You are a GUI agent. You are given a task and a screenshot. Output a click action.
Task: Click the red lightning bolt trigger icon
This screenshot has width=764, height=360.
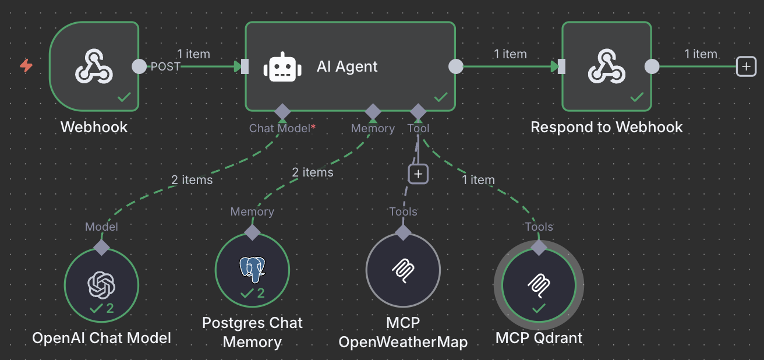[26, 65]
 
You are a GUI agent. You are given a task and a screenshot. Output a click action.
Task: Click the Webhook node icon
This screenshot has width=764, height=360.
[94, 66]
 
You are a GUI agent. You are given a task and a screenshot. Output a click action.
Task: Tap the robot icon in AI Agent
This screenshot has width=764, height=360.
[282, 67]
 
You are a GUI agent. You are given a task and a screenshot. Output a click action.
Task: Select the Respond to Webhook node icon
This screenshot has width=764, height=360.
[606, 66]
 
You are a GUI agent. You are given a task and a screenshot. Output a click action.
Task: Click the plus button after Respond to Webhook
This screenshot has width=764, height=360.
[746, 66]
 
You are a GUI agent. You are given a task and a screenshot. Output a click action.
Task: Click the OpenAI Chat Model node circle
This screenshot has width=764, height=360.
[102, 285]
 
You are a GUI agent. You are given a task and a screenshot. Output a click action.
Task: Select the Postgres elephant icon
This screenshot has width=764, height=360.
[252, 267]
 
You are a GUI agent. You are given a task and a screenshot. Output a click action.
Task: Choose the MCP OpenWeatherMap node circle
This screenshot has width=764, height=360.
[403, 270]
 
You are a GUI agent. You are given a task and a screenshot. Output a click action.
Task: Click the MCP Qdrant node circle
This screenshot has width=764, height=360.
[539, 285]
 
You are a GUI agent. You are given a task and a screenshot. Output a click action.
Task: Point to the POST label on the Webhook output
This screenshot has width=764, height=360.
[165, 66]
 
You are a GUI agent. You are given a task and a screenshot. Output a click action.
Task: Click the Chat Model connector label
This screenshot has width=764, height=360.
[280, 128]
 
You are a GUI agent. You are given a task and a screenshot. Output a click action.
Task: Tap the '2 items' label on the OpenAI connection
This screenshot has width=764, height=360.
[192, 180]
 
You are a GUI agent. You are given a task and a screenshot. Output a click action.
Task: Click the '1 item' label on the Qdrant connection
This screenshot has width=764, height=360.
[478, 180]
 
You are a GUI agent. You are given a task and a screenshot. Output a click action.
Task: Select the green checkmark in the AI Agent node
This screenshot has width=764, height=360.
[441, 97]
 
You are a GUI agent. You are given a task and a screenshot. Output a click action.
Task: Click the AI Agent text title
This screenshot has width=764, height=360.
[347, 66]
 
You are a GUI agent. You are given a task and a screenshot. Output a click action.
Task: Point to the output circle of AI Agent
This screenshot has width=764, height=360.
[456, 66]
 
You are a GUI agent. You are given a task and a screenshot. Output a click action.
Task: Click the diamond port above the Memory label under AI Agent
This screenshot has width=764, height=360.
[373, 111]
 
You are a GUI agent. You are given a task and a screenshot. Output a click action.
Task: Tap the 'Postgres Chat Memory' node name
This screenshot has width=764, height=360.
[252, 332]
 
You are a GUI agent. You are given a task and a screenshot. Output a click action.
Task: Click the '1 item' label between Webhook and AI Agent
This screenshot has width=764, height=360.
[193, 54]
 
